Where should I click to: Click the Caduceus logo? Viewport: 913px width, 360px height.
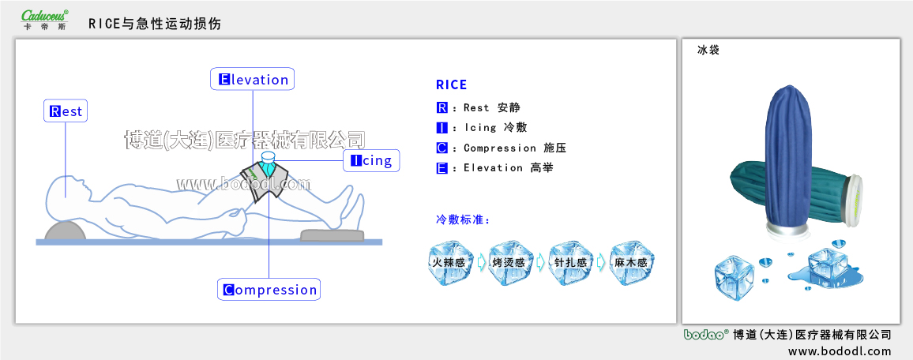tap(45, 19)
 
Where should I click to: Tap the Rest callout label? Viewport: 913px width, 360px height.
tap(66, 111)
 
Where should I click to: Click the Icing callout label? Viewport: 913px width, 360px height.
tap(371, 161)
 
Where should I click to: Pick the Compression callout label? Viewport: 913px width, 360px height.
tap(269, 290)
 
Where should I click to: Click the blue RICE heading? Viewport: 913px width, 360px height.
tap(451, 85)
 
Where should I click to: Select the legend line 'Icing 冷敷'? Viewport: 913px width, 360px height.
tap(482, 128)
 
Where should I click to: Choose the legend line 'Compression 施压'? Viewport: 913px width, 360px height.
tap(502, 148)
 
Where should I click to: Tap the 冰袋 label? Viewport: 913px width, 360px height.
tap(708, 50)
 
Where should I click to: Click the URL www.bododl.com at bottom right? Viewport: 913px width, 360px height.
tap(839, 351)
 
